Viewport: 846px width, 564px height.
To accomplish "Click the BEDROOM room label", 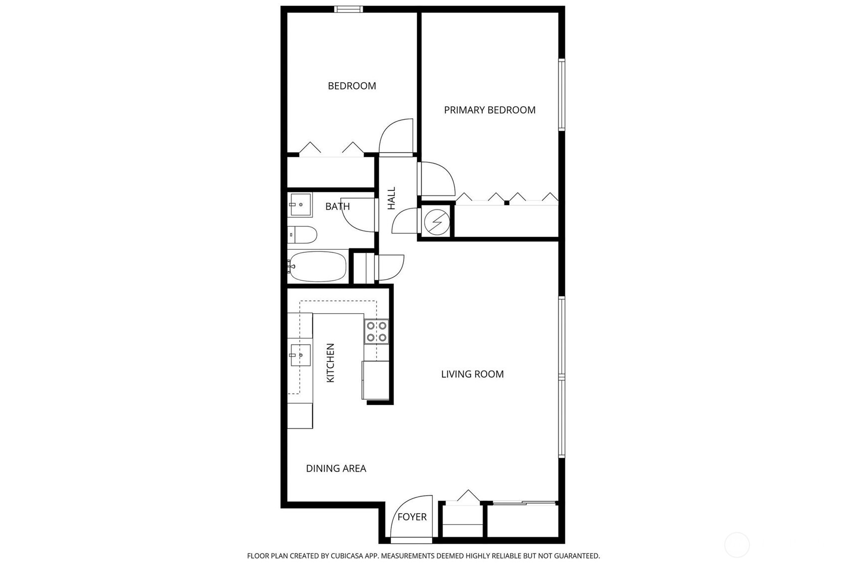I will click(x=351, y=86).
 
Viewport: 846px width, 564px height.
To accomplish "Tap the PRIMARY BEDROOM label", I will click(x=490, y=110).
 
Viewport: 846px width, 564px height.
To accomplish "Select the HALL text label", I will click(x=391, y=198).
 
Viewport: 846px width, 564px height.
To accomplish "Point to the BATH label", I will click(x=338, y=206).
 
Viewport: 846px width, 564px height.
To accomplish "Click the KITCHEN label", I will click(x=330, y=363).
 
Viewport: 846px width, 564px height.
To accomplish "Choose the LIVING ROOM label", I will click(x=472, y=374).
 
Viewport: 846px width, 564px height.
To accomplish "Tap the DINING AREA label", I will click(x=336, y=468).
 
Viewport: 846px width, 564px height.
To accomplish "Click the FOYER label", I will click(x=412, y=517).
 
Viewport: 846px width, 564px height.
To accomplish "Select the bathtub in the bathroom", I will click(x=318, y=266).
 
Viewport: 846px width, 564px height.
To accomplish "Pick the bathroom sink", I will click(x=300, y=204).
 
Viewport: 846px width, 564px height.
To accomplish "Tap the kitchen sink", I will click(x=300, y=355).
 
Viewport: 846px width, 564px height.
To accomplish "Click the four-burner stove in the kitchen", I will click(x=376, y=332).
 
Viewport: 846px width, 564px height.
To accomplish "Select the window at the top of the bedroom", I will click(x=348, y=9).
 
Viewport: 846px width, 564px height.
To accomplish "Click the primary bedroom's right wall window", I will click(x=561, y=94).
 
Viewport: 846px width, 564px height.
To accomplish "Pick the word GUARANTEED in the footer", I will click(x=577, y=556).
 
